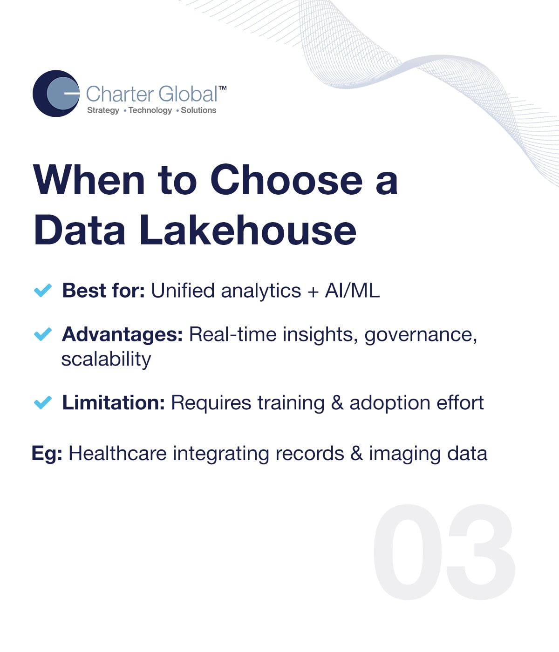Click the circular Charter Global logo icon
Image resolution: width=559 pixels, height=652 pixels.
click(56, 93)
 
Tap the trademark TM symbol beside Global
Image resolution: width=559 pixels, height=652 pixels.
click(222, 88)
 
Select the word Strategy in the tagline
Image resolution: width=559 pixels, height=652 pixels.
click(103, 110)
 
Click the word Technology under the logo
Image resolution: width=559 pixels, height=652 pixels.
click(150, 110)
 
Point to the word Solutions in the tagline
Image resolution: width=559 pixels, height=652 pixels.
click(198, 110)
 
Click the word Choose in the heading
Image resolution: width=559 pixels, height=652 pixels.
click(286, 180)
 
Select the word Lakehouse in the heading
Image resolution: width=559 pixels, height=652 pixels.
click(248, 230)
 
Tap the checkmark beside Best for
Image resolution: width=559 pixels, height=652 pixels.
click(42, 290)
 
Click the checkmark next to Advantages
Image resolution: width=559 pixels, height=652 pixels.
click(42, 334)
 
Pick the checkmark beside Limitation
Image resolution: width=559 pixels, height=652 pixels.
click(42, 402)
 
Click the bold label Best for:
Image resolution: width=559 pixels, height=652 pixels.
click(103, 290)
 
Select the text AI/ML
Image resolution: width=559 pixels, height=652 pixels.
click(352, 290)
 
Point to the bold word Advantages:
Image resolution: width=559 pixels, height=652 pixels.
click(123, 334)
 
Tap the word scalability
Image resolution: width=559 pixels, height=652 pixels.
click(106, 359)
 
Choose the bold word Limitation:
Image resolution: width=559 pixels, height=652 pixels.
click(114, 402)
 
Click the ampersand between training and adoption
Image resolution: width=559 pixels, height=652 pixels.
click(337, 403)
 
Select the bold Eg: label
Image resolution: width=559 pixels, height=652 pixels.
click(47, 454)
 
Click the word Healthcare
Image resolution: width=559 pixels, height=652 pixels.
click(118, 453)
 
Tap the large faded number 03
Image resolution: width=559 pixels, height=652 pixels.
click(444, 552)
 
